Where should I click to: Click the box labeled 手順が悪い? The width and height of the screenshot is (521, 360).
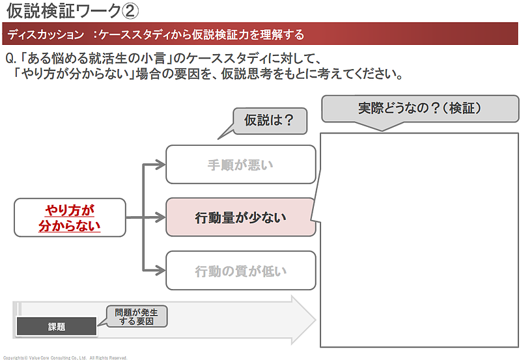point(240,165)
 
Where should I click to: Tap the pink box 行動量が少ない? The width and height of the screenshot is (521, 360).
point(240,218)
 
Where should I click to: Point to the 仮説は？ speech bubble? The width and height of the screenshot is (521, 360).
point(268,120)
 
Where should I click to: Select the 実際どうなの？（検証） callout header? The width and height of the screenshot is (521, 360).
point(419,109)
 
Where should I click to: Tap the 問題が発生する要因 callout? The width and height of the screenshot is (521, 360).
point(136,316)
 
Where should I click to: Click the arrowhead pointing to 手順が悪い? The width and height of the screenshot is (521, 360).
point(161,165)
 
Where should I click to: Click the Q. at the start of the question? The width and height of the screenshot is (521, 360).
point(10,59)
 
